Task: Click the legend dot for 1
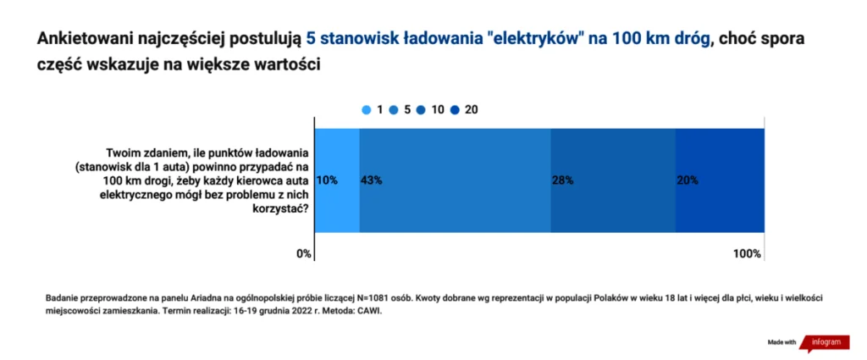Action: pyautogui.click(x=366, y=109)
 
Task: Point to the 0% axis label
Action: pyautogui.click(x=303, y=254)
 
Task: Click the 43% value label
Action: pyautogui.click(x=371, y=180)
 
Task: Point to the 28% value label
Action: pyautogui.click(x=563, y=180)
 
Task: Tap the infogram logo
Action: pyautogui.click(x=826, y=342)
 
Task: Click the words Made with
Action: pyautogui.click(x=781, y=342)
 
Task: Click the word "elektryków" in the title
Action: pyautogui.click(x=529, y=39)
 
